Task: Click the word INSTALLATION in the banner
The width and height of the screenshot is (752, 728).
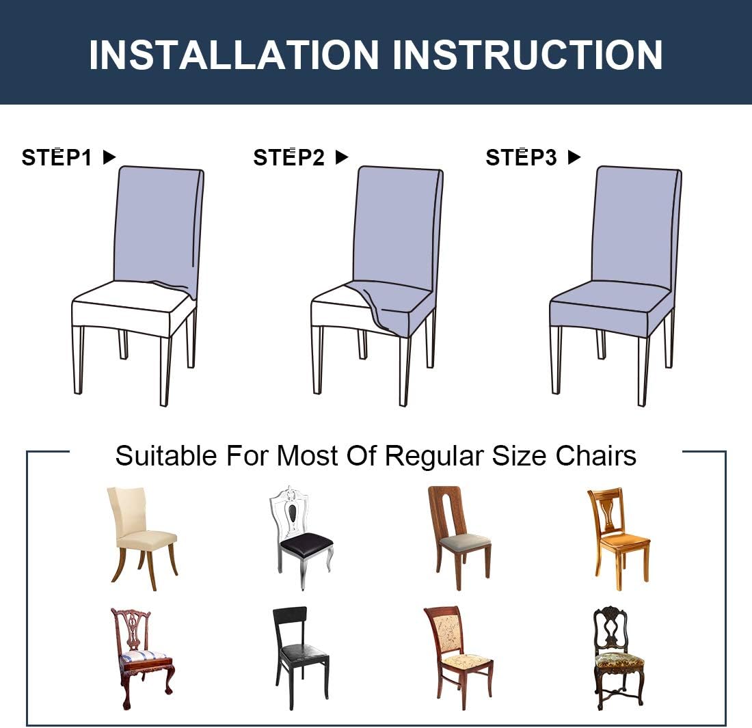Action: click(x=233, y=55)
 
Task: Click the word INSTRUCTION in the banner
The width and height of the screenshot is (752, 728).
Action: click(x=527, y=55)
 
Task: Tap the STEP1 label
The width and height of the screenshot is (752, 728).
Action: click(x=57, y=158)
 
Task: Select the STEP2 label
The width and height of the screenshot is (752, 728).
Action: click(x=288, y=158)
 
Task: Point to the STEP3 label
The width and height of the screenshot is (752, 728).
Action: click(x=521, y=158)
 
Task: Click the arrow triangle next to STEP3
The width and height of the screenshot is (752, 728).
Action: click(x=574, y=157)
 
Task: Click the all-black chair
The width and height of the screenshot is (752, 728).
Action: click(x=301, y=656)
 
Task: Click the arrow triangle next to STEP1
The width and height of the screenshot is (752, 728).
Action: click(x=109, y=157)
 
